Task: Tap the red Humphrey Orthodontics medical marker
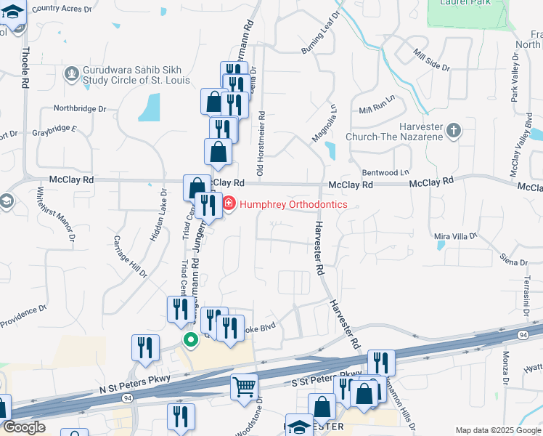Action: click(x=229, y=203)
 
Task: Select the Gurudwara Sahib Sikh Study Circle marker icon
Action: click(x=71, y=73)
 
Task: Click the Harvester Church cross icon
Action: click(x=454, y=131)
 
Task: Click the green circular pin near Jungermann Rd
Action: click(x=191, y=339)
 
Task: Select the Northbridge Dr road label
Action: click(x=80, y=109)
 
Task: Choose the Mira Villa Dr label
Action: click(x=455, y=236)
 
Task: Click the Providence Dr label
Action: click(x=23, y=313)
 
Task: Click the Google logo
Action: click(x=24, y=427)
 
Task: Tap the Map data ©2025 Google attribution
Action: click(x=497, y=430)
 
